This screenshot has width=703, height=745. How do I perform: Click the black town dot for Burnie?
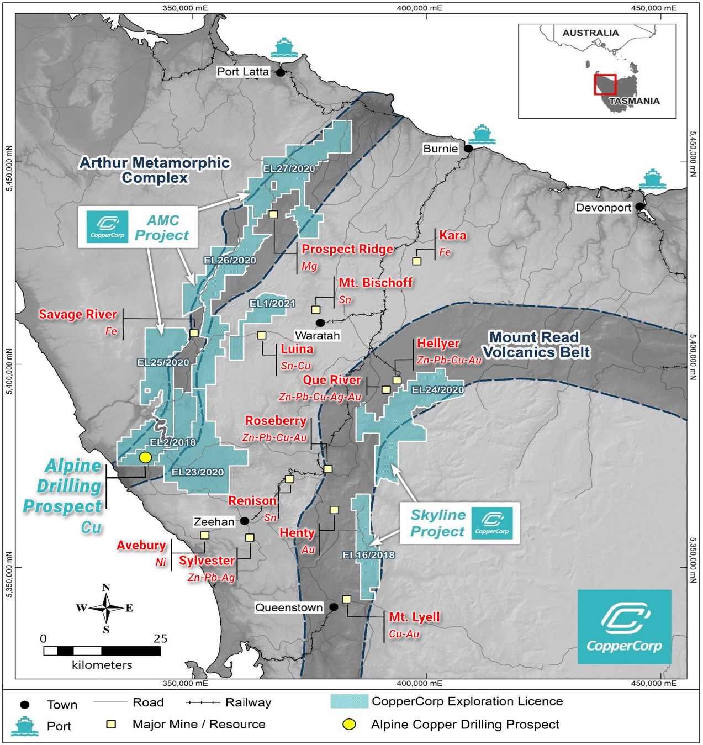468,149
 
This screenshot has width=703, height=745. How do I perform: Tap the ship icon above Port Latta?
284,49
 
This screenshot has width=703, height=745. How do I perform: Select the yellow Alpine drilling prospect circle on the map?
145,457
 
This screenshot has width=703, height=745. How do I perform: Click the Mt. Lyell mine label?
414,617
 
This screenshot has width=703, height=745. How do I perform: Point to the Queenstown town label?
289,607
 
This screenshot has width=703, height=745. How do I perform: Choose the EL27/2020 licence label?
289,168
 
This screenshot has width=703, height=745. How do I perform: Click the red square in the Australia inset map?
605,84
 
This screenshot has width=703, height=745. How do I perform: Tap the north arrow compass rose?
106,608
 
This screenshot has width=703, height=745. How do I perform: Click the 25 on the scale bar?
160,638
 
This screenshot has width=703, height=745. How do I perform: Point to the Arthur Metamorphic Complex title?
155,170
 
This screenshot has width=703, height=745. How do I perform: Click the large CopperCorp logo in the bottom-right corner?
624,627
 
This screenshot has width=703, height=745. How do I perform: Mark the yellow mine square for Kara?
417,261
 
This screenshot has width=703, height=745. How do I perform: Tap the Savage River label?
77,314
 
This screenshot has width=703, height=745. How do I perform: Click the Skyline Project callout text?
437,523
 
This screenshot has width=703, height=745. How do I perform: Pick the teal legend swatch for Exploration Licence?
349,701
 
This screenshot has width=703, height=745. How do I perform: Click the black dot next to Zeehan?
244,521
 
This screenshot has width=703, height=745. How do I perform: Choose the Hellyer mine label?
438,343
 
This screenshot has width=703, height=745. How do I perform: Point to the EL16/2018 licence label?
368,555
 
